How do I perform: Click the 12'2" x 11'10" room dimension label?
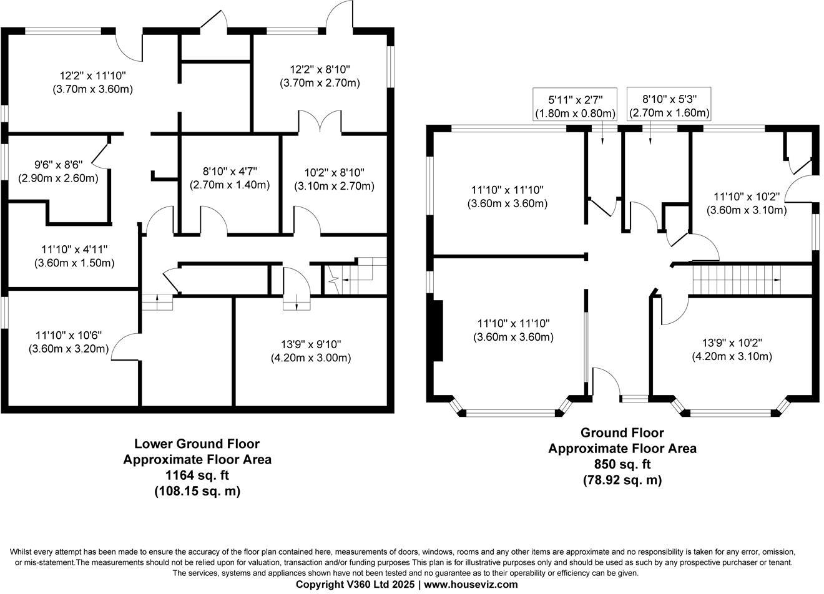click(x=92, y=82)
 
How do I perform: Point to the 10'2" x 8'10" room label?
click(x=334, y=179)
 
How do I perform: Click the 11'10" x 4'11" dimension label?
click(x=74, y=256)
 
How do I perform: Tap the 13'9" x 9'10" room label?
click(x=310, y=351)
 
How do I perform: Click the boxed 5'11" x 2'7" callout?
click(x=575, y=106)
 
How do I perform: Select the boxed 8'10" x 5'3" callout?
click(x=669, y=106)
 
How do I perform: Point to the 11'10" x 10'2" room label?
click(x=746, y=203)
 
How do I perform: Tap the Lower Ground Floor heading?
click(x=197, y=444)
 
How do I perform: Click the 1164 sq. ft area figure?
click(x=197, y=475)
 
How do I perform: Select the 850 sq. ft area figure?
click(x=622, y=464)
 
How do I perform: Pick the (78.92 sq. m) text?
click(x=622, y=480)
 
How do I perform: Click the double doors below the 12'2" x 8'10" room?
click(x=320, y=122)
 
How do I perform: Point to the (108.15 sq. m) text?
click(x=197, y=491)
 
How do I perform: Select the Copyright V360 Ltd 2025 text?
click(x=355, y=584)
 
